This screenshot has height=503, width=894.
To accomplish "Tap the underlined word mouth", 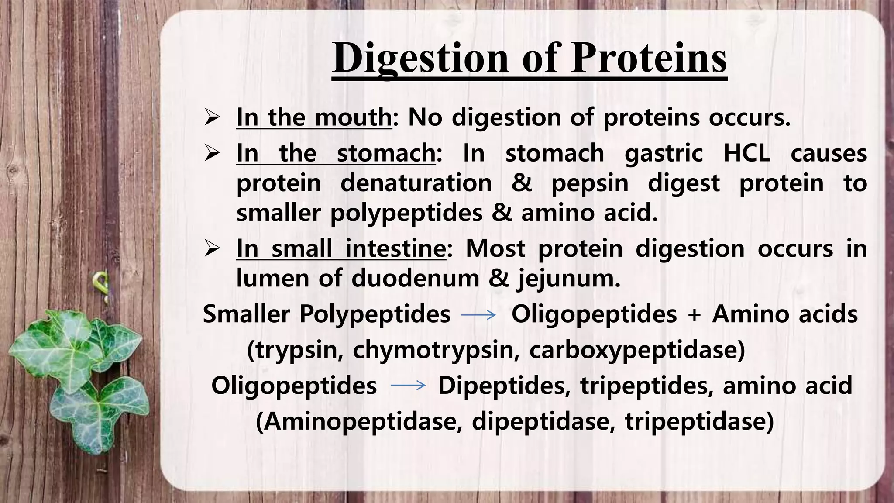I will [353, 117].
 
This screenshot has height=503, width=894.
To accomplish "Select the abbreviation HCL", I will [746, 153].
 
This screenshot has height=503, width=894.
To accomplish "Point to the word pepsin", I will [590, 183].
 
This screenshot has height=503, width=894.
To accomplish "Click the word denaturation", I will [416, 183].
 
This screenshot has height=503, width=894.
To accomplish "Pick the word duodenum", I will [415, 278].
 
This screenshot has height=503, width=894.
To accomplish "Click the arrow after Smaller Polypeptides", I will [478, 314].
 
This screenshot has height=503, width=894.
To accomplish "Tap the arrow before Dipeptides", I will [408, 385].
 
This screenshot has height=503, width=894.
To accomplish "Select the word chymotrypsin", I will [436, 350].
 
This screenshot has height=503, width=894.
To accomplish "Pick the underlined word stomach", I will [386, 153].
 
